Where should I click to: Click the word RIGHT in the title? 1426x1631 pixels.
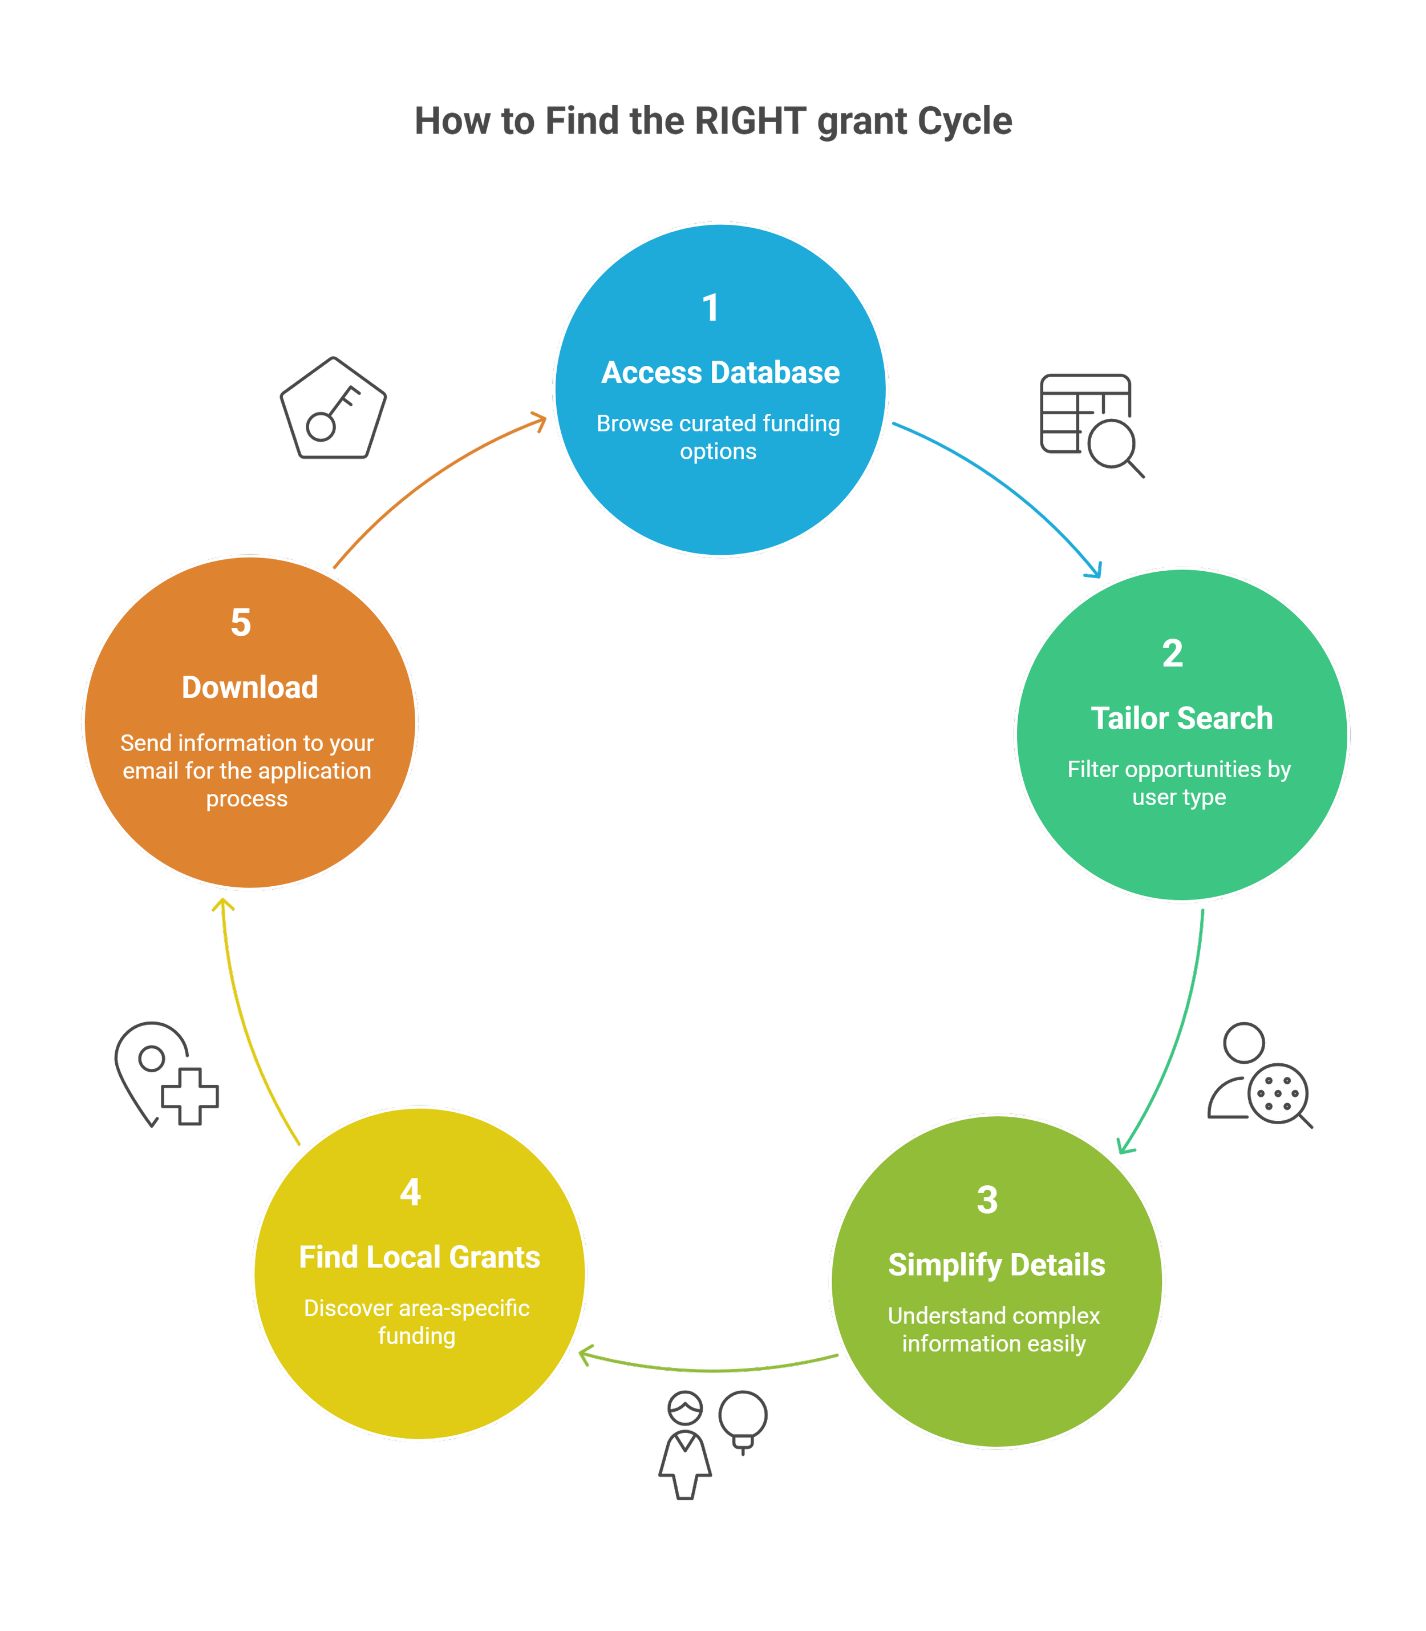pyautogui.click(x=751, y=122)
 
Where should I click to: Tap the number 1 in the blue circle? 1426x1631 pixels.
pyautogui.click(x=711, y=309)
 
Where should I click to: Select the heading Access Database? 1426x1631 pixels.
pyautogui.click(x=720, y=373)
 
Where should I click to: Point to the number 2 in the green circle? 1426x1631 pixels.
pyautogui.click(x=1172, y=655)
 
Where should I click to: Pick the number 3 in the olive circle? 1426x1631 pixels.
pyautogui.click(x=987, y=1200)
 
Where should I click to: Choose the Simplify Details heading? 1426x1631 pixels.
pyautogui.click(x=996, y=1265)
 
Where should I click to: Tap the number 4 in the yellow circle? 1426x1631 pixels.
pyautogui.click(x=410, y=1192)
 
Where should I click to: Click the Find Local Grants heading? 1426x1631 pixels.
pyautogui.click(x=419, y=1257)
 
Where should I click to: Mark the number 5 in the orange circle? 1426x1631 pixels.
pyautogui.click(x=240, y=623)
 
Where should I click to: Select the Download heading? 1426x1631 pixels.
pyautogui.click(x=250, y=688)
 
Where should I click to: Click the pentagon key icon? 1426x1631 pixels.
pyautogui.click(x=333, y=409)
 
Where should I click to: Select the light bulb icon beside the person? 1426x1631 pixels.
pyautogui.click(x=743, y=1421)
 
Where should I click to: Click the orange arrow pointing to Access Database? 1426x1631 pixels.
pyautogui.click(x=430, y=478)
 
